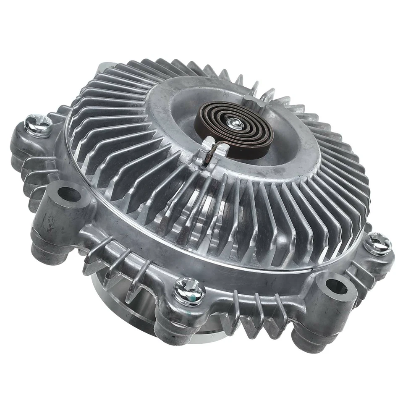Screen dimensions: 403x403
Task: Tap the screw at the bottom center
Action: point(189,290)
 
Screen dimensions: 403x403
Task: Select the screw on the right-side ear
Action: point(377,244)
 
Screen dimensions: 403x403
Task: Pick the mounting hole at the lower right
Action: point(336,287)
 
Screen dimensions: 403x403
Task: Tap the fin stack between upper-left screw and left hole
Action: point(34,168)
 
